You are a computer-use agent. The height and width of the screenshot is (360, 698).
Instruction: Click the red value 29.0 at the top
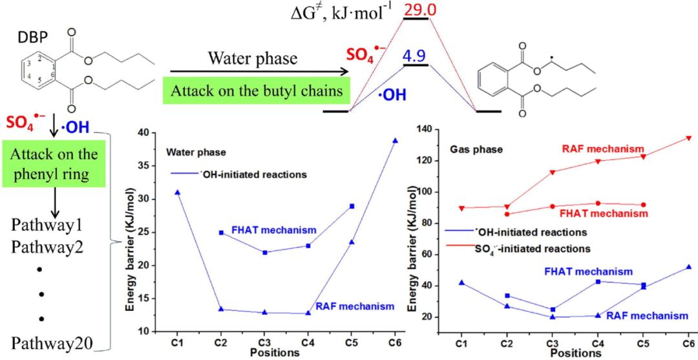click(x=416, y=8)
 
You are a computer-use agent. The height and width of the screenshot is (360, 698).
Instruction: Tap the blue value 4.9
click(x=415, y=56)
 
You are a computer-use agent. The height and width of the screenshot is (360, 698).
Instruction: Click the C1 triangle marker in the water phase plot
click(x=178, y=192)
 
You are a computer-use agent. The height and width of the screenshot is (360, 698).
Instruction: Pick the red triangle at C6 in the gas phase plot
click(x=688, y=138)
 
